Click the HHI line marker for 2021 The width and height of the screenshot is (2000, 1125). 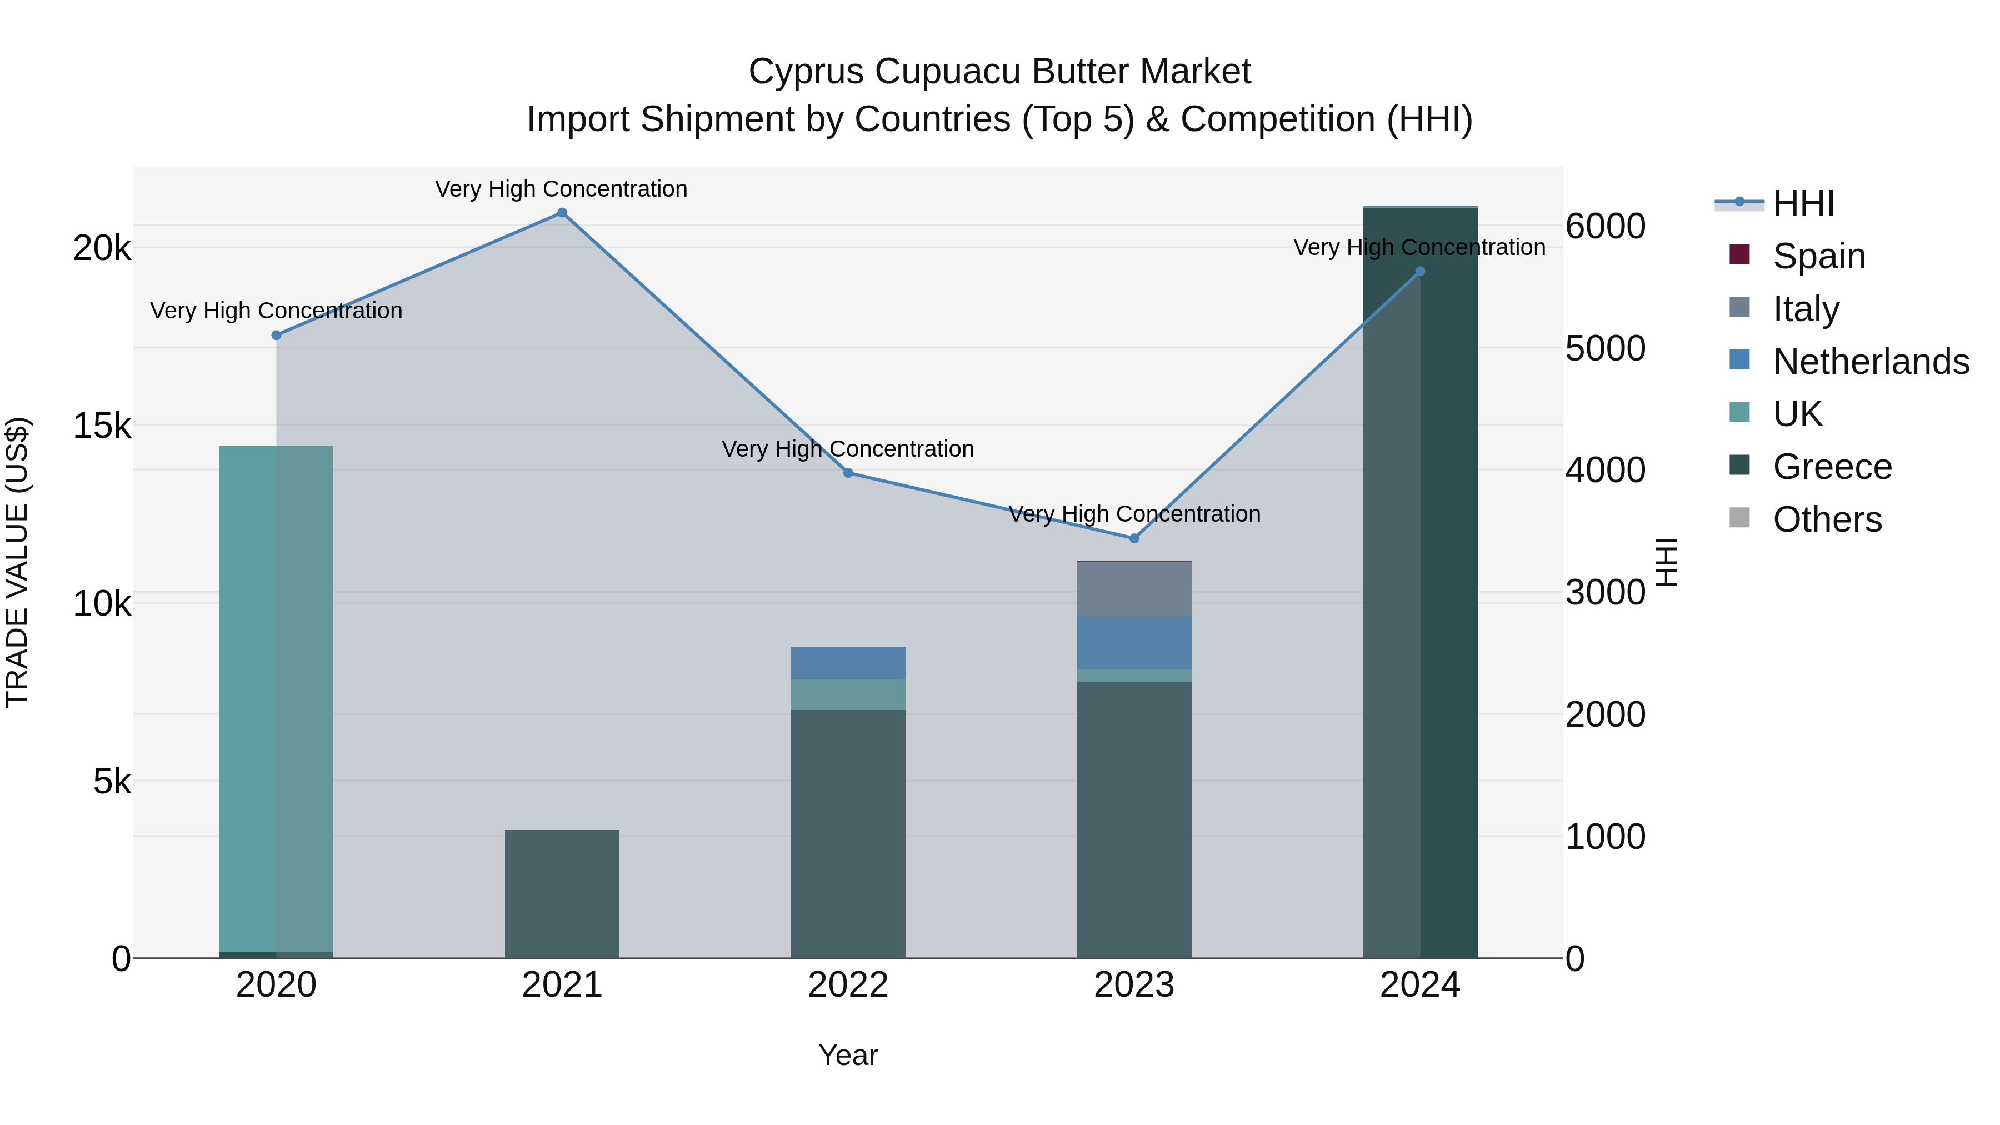click(562, 213)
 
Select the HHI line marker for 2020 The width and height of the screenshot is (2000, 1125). click(277, 336)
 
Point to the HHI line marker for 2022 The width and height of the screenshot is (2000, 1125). click(848, 473)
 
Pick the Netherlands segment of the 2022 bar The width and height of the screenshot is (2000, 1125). click(848, 663)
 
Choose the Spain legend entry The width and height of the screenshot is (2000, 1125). click(1818, 256)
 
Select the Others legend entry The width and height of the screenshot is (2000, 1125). click(1827, 519)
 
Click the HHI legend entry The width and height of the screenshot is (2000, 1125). click(1803, 203)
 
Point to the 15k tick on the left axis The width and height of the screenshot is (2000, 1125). click(102, 426)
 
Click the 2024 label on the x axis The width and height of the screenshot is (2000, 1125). click(1419, 985)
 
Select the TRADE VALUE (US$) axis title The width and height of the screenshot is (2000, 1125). click(17, 562)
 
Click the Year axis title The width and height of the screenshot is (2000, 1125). click(848, 1055)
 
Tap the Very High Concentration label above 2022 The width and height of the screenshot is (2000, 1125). click(848, 449)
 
